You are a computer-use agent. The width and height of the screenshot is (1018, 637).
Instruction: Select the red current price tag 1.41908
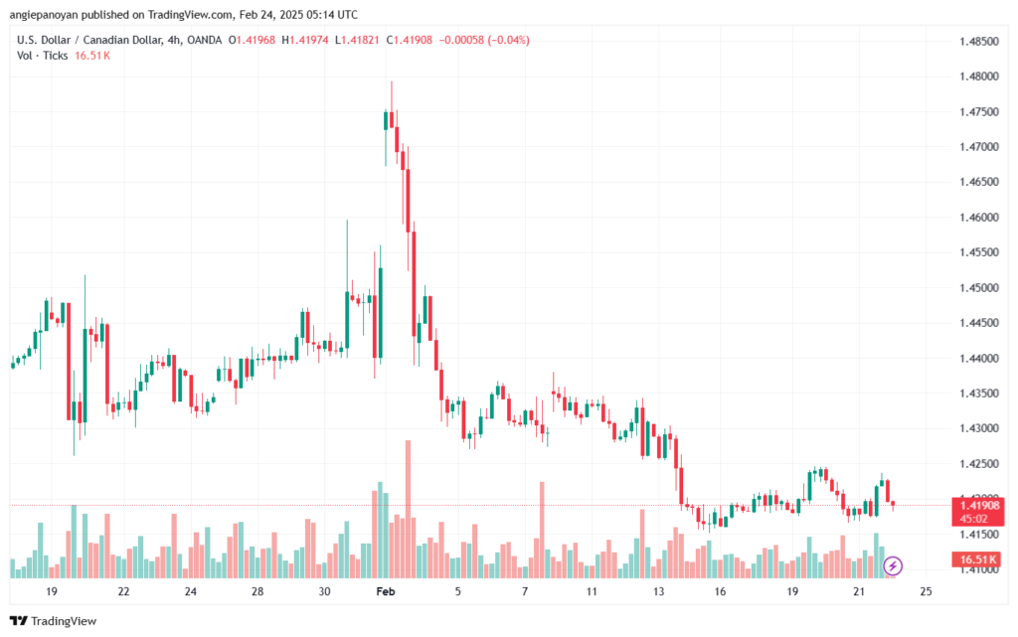(x=980, y=505)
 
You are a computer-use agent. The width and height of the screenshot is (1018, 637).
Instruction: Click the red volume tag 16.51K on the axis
(x=980, y=560)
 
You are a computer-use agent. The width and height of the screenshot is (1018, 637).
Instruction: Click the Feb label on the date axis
(x=385, y=591)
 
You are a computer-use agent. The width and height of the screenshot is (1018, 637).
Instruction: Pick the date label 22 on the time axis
(x=123, y=591)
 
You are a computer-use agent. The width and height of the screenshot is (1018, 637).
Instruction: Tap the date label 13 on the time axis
(x=658, y=591)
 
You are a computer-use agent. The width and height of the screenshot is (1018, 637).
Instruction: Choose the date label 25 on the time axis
(x=926, y=591)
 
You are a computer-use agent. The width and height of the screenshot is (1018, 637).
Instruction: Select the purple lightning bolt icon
(x=893, y=566)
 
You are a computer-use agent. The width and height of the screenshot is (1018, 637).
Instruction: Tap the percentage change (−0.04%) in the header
(x=504, y=40)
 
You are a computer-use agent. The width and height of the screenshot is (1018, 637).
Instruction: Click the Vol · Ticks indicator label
(x=42, y=56)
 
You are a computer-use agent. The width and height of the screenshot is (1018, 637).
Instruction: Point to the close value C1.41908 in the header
(x=416, y=40)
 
